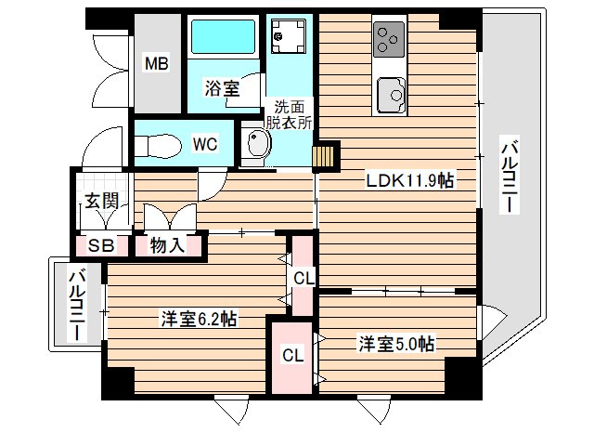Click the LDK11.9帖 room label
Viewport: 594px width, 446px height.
(403, 180)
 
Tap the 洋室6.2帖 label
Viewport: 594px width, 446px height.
(199, 319)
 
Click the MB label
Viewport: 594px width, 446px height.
(155, 63)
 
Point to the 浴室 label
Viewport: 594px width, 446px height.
(222, 88)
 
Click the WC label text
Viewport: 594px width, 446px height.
(205, 144)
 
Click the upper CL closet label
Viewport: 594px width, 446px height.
(303, 277)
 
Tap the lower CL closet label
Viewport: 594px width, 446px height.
(292, 354)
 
